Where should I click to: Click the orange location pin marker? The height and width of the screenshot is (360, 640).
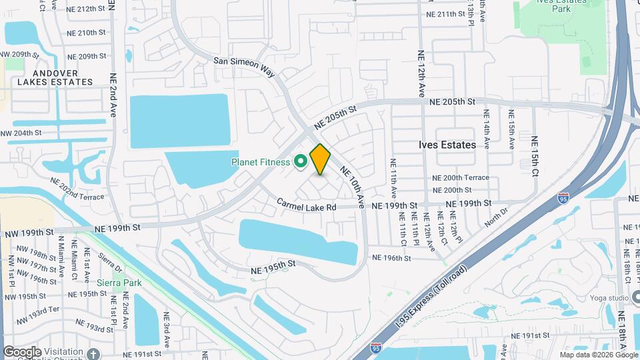(320, 159)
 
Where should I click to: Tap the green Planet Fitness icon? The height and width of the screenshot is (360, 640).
(300, 161)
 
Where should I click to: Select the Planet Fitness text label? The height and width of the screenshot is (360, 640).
(260, 161)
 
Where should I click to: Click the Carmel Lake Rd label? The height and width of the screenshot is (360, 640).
(307, 207)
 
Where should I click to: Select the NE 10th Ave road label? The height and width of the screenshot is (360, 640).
(353, 186)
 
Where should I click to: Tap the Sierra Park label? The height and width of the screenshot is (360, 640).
(121, 283)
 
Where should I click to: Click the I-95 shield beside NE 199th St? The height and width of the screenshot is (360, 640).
(563, 198)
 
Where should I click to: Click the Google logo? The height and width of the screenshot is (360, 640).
(21, 352)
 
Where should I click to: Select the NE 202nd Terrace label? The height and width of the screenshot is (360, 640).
(77, 188)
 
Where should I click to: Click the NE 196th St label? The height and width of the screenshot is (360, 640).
(389, 257)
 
